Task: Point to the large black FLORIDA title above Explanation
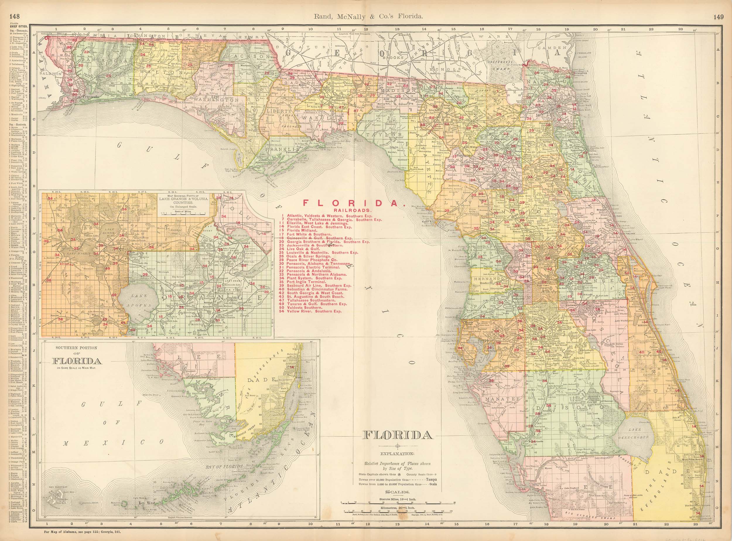point(398,436)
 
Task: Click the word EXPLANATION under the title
point(397,454)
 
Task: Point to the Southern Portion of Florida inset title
point(77,358)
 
